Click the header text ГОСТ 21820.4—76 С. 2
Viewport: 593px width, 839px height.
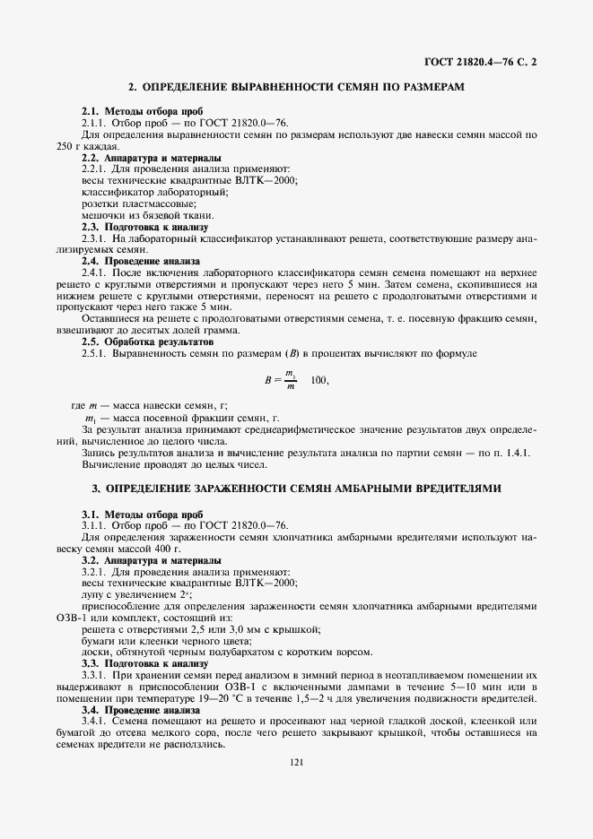tap(481, 62)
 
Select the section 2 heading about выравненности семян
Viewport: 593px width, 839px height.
tap(296, 87)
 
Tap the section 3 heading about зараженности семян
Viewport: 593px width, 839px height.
tap(296, 489)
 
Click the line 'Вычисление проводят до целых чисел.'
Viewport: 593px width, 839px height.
tap(174, 464)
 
